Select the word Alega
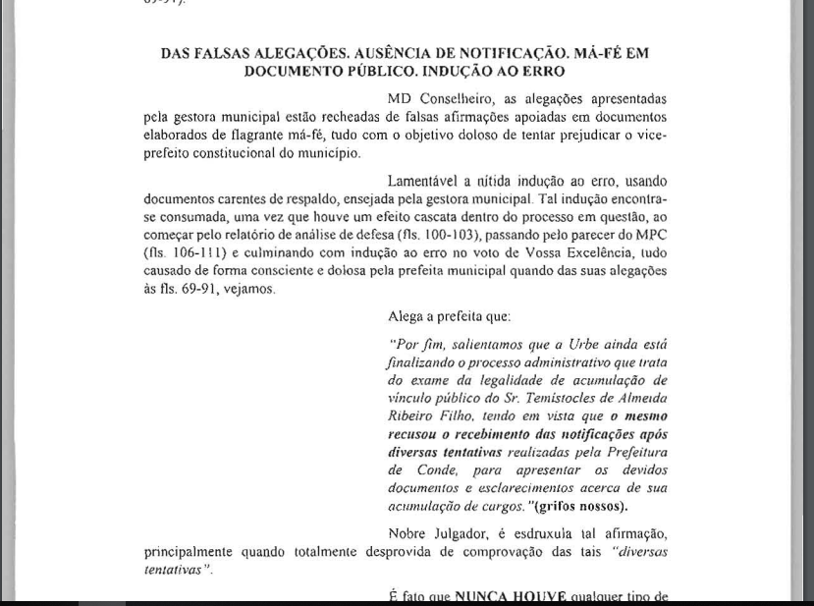[407, 317]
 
